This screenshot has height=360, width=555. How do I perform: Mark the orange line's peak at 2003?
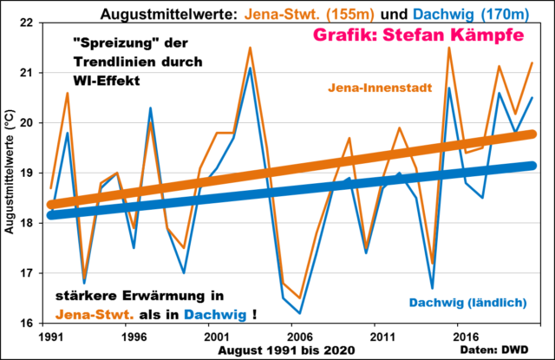[250, 49]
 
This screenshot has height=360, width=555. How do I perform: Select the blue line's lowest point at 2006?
[300, 313]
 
